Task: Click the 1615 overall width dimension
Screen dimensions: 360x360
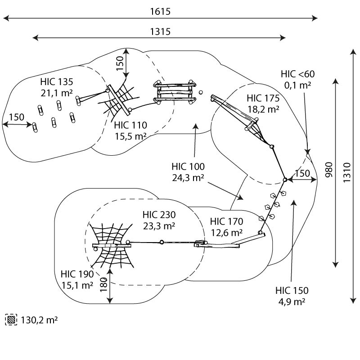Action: (x=160, y=12)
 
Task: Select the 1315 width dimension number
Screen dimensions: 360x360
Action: (x=160, y=31)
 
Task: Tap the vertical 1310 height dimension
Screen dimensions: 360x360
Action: (x=347, y=173)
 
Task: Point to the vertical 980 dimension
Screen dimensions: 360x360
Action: (x=329, y=170)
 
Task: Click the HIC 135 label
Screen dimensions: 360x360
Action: (x=57, y=82)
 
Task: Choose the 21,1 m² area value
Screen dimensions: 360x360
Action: (x=57, y=93)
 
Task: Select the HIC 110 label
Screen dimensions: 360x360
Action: (x=130, y=125)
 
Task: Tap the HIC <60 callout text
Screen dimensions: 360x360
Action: (x=297, y=74)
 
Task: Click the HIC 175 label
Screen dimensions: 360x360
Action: (x=263, y=98)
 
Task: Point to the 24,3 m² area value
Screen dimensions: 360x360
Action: (x=188, y=177)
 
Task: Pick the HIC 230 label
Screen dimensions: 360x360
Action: (x=159, y=215)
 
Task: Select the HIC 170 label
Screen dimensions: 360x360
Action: (x=227, y=221)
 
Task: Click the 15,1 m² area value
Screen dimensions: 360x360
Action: (x=77, y=285)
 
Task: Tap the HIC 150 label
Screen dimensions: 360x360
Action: (x=292, y=290)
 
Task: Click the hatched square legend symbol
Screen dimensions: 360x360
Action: (x=11, y=319)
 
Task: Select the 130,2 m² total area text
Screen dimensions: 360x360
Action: (x=39, y=320)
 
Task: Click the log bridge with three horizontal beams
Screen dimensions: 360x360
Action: (x=175, y=92)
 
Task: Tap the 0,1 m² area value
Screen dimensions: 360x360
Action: (x=297, y=85)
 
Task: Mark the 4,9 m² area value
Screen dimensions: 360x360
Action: (x=292, y=301)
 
